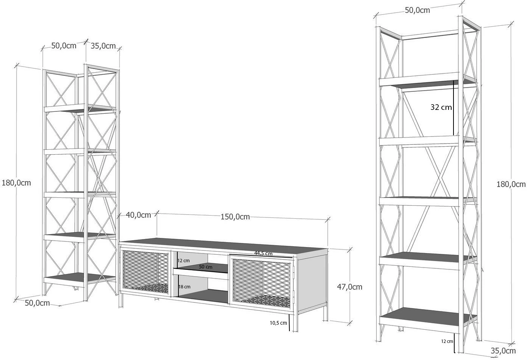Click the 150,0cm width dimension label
235,217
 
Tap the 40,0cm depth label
138,215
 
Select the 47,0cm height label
350,287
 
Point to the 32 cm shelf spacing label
441,107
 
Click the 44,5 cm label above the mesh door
263,254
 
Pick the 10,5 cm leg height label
278,323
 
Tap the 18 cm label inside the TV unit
185,287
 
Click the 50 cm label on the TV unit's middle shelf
206,267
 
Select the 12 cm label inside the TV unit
183,261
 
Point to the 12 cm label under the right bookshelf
447,341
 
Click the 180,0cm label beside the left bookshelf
16,183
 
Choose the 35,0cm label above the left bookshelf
103,46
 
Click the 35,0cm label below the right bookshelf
503,351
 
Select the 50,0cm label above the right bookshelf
418,10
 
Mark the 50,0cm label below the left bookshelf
37,303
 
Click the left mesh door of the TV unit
145,272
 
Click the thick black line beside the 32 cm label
454,108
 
